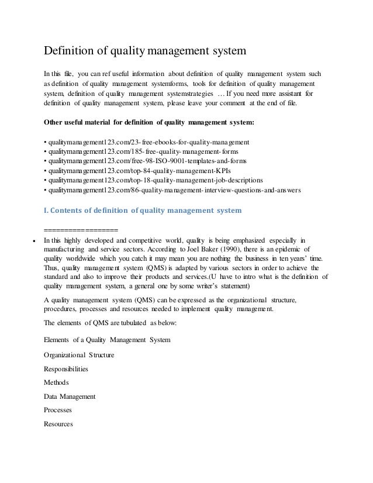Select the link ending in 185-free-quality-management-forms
point(140,151)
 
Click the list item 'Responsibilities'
point(66,369)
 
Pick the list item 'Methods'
point(56,382)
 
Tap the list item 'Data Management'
point(70,396)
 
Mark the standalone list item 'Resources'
point(58,424)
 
